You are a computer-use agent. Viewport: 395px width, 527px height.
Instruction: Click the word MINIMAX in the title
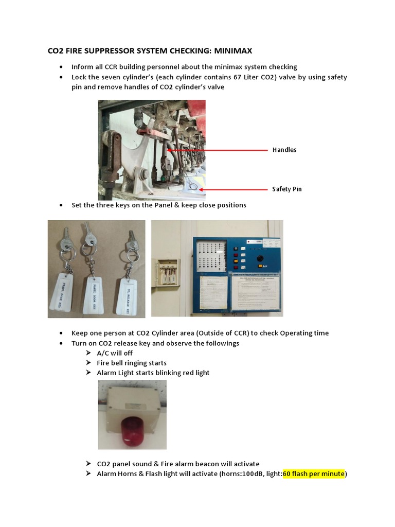(x=230, y=51)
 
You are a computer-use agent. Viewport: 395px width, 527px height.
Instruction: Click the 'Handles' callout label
(x=284, y=150)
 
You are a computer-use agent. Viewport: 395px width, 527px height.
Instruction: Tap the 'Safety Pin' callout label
(x=286, y=189)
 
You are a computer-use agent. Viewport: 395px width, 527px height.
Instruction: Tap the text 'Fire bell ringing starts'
(x=132, y=363)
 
